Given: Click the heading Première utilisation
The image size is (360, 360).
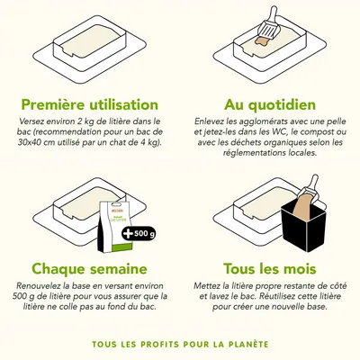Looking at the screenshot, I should pyautogui.click(x=89, y=104).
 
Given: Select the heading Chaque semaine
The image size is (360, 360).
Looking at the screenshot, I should pyautogui.click(x=89, y=268).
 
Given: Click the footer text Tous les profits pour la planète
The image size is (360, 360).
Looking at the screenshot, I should pyautogui.click(x=180, y=343).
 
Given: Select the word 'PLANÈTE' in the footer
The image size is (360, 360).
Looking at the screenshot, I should pyautogui.click(x=247, y=343).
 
